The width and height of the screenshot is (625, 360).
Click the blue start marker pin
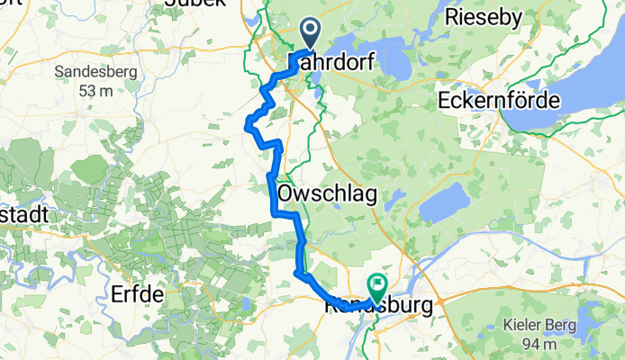pyautogui.click(x=309, y=34)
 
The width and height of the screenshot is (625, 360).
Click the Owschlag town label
pyautogui.click(x=327, y=193)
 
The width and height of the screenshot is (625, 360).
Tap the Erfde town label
pyautogui.click(x=137, y=294)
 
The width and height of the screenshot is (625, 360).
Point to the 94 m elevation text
pyautogui.click(x=542, y=345)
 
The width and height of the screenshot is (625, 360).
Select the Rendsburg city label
pyautogui.click(x=378, y=307)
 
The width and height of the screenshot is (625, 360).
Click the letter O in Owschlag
pyautogui.click(x=286, y=193)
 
